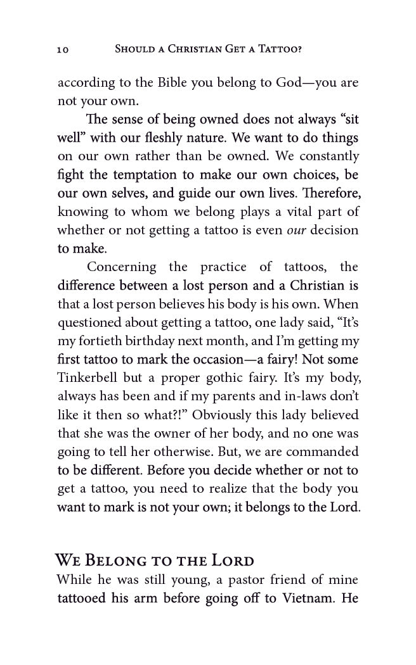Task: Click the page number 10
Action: coord(62,49)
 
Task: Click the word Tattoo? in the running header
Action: coord(280,49)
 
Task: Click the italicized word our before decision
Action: coord(296,230)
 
